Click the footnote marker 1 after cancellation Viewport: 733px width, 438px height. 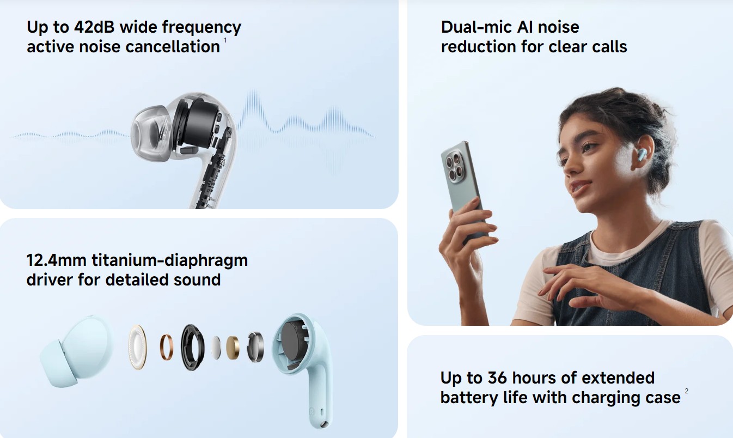(x=225, y=40)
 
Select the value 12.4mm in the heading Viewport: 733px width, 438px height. (x=56, y=260)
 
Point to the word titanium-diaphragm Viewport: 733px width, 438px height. (x=169, y=260)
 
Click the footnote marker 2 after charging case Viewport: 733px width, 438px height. (x=687, y=391)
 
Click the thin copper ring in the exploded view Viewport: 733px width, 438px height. (x=167, y=347)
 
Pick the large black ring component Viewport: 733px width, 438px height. (x=192, y=347)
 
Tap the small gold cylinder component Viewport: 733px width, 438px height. (x=233, y=348)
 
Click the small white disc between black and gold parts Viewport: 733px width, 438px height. (x=216, y=347)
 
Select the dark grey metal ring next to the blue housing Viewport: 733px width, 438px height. (x=255, y=347)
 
